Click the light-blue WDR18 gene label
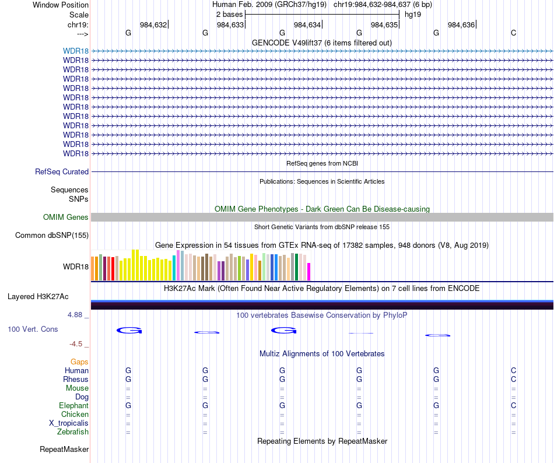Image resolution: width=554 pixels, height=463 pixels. click(76, 51)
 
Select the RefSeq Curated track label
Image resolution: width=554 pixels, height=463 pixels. click(62, 172)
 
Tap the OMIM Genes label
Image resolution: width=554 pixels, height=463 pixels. click(66, 218)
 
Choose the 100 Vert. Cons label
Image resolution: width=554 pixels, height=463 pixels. click(33, 329)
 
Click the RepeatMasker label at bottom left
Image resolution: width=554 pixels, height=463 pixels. click(64, 450)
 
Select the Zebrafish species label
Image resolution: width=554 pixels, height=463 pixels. click(73, 432)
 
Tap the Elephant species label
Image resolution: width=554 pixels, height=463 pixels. click(73, 406)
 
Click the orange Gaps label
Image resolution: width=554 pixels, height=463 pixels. click(79, 362)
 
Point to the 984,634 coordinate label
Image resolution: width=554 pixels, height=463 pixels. click(307, 25)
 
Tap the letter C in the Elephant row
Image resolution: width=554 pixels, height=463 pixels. click(513, 406)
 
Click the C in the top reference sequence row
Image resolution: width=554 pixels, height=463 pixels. click(513, 33)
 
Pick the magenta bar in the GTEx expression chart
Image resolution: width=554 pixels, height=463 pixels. click(309, 272)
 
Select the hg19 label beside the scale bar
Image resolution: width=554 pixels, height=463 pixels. click(413, 14)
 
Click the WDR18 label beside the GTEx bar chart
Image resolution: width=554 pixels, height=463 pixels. click(76, 267)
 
